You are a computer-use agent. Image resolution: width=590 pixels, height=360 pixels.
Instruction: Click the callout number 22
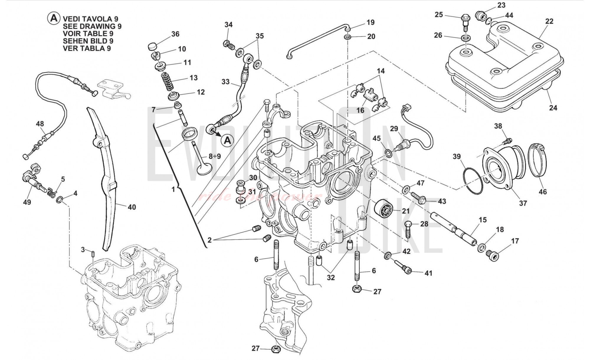click(x=549, y=21)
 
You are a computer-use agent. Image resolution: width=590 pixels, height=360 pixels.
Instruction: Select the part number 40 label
click(x=132, y=207)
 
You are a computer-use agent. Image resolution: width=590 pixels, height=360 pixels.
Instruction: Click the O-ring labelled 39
click(x=473, y=181)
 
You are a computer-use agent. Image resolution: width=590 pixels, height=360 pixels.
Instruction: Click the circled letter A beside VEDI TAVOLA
click(x=54, y=18)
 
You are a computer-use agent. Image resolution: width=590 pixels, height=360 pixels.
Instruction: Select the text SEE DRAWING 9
click(x=92, y=26)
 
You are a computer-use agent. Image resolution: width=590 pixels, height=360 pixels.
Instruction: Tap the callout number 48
click(x=40, y=124)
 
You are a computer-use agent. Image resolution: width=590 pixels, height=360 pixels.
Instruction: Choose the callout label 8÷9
click(x=214, y=156)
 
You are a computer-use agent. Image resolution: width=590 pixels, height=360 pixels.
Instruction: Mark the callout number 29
click(x=394, y=129)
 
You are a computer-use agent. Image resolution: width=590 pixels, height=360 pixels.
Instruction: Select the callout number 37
click(x=523, y=203)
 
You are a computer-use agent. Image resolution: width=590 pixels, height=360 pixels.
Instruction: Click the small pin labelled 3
click(x=93, y=254)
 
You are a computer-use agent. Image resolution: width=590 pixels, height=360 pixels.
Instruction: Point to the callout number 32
click(x=331, y=277)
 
